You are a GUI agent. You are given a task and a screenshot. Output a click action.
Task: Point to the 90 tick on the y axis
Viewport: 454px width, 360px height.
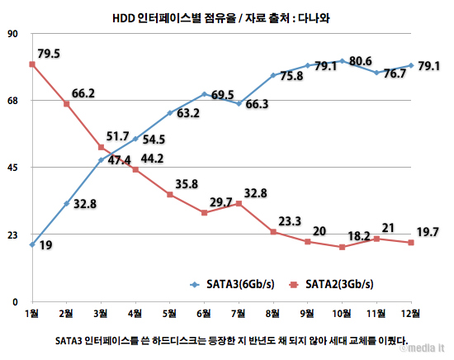[12, 34]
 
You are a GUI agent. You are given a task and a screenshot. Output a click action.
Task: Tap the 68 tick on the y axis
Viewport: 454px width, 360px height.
[12, 101]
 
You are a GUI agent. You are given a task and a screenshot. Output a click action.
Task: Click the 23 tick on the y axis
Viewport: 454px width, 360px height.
[12, 235]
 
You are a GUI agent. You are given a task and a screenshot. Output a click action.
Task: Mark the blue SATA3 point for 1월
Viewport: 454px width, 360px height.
[32, 244]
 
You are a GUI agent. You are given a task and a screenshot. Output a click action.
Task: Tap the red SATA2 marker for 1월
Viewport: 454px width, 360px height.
[32, 64]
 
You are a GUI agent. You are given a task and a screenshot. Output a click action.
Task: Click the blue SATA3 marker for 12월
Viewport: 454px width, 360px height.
[410, 65]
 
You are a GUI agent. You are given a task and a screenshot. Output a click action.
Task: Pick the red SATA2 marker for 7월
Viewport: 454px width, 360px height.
[239, 203]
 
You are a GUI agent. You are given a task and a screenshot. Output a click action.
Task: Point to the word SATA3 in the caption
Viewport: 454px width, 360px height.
[73, 339]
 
